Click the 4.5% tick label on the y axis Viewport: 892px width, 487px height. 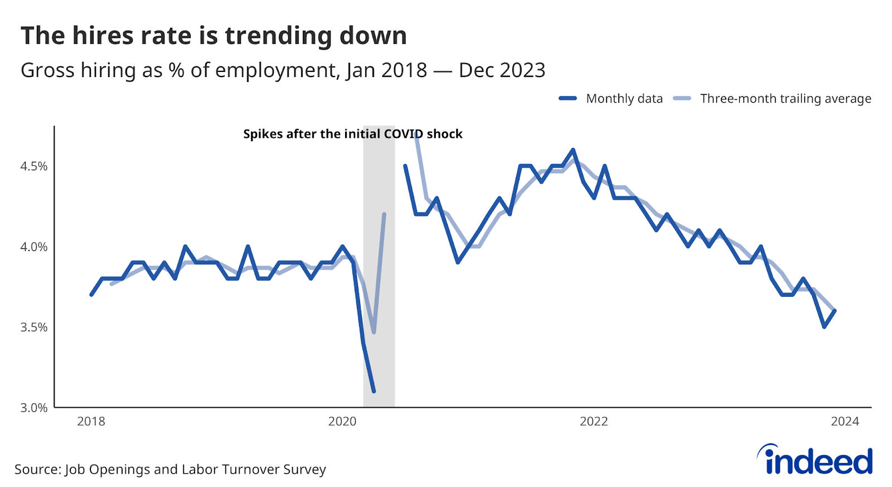pyautogui.click(x=34, y=166)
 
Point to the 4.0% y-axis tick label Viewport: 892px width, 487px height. pyautogui.click(x=34, y=247)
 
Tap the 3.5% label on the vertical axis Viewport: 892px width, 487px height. pyautogui.click(x=34, y=327)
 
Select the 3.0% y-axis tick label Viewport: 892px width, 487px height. pyautogui.click(x=34, y=408)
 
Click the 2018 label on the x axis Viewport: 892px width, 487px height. pyautogui.click(x=91, y=421)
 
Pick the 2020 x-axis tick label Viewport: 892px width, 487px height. pyautogui.click(x=342, y=421)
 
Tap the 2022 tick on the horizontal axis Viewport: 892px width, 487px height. pyautogui.click(x=594, y=421)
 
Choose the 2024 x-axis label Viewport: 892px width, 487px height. pyautogui.click(x=845, y=421)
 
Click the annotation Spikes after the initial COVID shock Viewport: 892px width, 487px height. pyautogui.click(x=353, y=134)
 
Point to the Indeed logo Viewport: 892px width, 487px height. pyautogui.click(x=815, y=460)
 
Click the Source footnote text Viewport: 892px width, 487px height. pyautogui.click(x=170, y=469)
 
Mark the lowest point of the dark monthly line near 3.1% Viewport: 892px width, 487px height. pyautogui.click(x=374, y=392)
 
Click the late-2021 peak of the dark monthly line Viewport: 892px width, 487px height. pyautogui.click(x=573, y=150)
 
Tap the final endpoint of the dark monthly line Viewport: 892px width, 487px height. pyautogui.click(x=835, y=311)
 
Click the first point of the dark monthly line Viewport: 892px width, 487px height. pyautogui.click(x=91, y=295)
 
